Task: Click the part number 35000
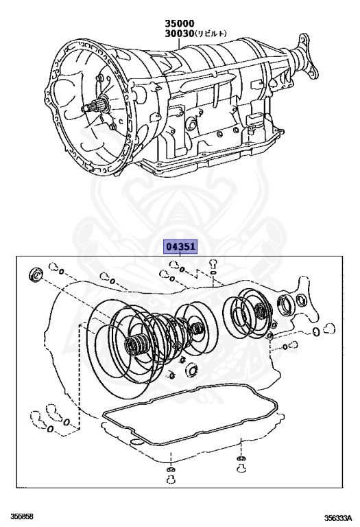(180, 23)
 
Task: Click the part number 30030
(180, 33)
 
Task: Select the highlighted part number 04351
(180, 246)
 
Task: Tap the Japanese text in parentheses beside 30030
(211, 33)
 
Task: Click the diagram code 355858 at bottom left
(22, 516)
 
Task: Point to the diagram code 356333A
(337, 517)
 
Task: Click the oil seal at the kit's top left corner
(34, 274)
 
